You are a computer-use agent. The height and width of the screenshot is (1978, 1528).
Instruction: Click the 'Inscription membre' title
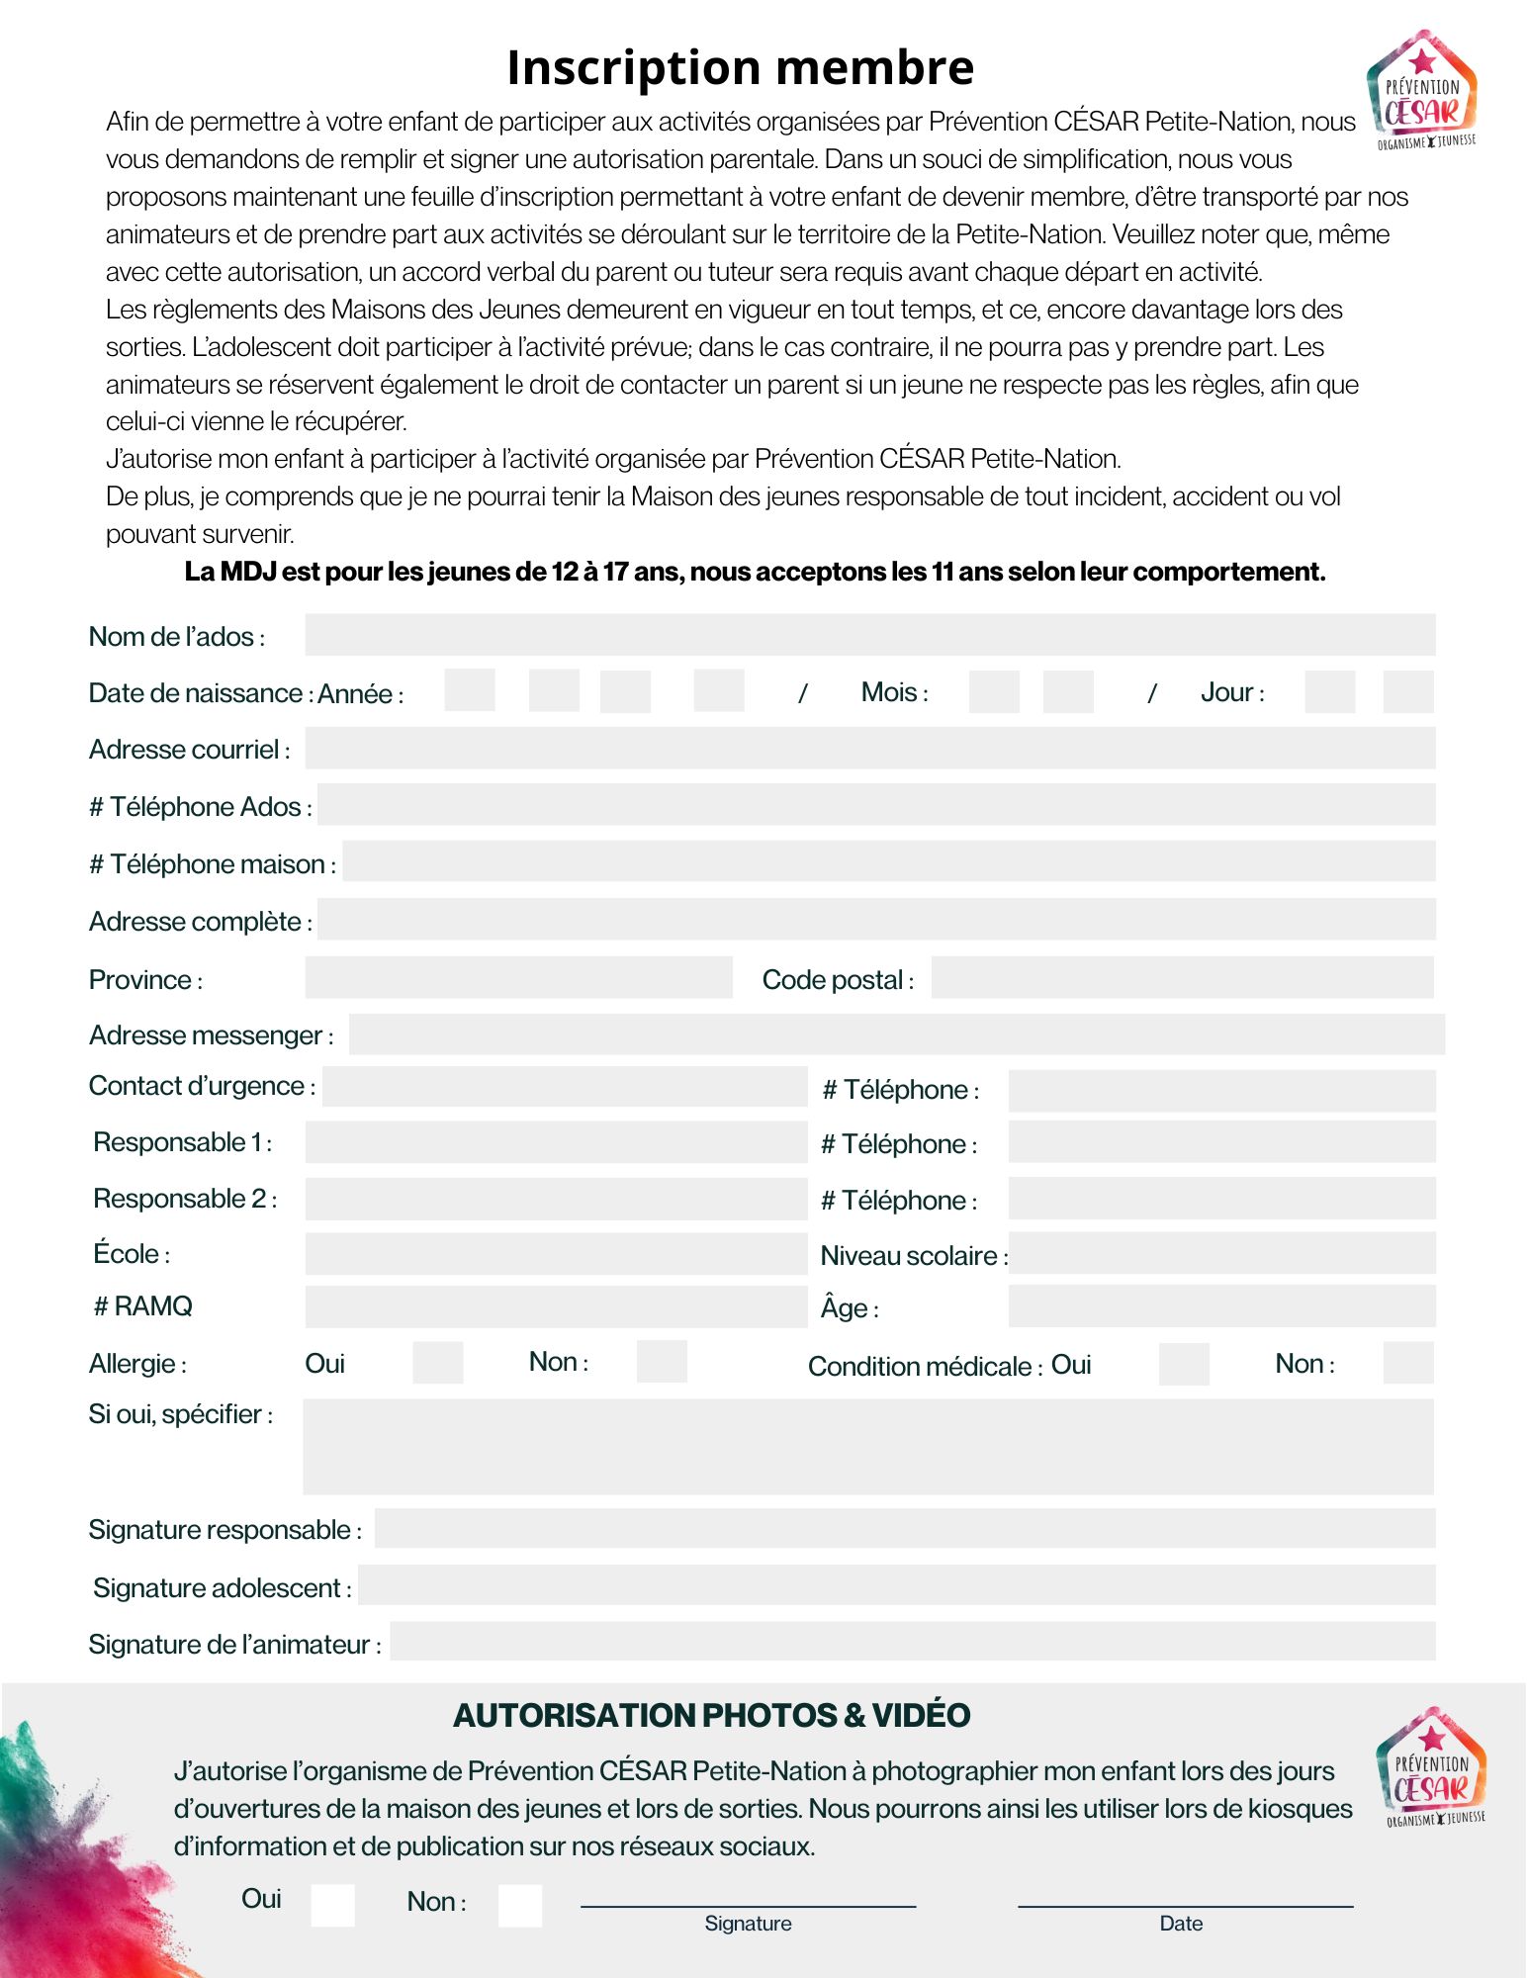(x=740, y=68)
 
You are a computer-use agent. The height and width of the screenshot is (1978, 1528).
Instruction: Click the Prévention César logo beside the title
(x=1422, y=91)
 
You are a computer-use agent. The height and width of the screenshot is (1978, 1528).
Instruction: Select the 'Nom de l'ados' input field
(x=869, y=635)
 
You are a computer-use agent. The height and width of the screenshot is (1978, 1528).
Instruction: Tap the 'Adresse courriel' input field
(x=869, y=749)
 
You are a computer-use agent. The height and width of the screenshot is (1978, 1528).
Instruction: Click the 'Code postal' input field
(x=1182, y=978)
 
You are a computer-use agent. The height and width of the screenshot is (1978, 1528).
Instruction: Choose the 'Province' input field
(x=518, y=978)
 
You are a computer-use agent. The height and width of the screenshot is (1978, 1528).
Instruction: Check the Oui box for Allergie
(x=437, y=1363)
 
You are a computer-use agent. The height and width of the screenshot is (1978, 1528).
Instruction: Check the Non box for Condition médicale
(x=1407, y=1363)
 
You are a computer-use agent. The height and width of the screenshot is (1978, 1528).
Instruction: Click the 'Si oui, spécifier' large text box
(x=867, y=1446)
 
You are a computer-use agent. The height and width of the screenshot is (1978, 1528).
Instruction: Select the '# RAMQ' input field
(x=556, y=1306)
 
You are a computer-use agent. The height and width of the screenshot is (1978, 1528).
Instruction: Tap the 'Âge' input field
(x=1221, y=1306)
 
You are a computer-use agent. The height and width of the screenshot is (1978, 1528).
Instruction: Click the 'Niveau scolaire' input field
(x=1221, y=1253)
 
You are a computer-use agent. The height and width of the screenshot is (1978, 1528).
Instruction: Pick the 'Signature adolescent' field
(x=896, y=1585)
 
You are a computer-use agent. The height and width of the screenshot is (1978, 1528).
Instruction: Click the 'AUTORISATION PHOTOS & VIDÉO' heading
(x=712, y=1716)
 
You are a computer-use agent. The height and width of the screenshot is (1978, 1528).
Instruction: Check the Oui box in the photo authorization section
(x=332, y=1905)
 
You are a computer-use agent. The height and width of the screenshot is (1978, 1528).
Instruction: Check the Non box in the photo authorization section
(x=519, y=1905)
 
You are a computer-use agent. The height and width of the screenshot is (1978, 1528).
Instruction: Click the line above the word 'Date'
(x=1185, y=1904)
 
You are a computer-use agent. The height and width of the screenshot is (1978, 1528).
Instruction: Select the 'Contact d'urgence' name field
(x=565, y=1087)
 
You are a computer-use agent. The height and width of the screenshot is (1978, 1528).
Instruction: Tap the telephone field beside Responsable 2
(x=1221, y=1199)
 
